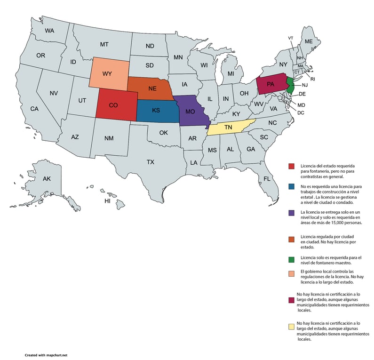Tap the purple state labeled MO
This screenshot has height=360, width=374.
(x=190, y=112)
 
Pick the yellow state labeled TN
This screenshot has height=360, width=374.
(x=229, y=128)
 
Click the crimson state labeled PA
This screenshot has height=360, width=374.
(x=271, y=85)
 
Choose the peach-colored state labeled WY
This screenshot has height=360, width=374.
(x=107, y=74)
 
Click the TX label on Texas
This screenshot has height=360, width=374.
(x=150, y=162)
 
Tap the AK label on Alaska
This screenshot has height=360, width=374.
(x=47, y=179)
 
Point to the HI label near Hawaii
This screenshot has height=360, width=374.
(x=107, y=201)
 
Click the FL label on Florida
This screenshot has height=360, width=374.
(x=267, y=179)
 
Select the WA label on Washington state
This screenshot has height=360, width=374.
(x=50, y=31)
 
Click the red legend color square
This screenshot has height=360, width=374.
(x=292, y=166)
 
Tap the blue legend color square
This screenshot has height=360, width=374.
(x=292, y=186)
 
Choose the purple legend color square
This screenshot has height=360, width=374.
(x=292, y=213)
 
